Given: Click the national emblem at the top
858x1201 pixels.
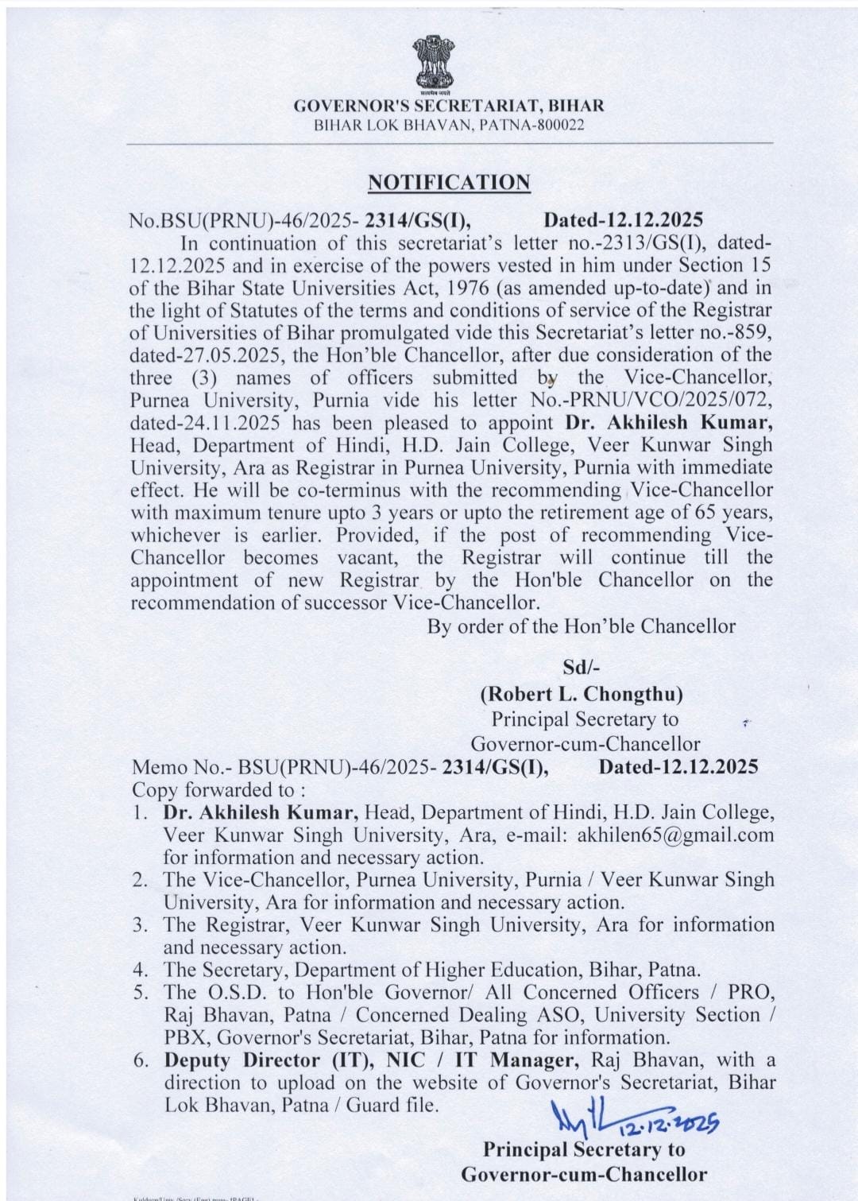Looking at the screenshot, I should (432, 64).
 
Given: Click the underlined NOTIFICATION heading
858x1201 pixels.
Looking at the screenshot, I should (449, 182).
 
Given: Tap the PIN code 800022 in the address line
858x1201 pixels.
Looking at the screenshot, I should (561, 125).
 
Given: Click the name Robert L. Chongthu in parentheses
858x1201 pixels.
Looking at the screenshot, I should (581, 694).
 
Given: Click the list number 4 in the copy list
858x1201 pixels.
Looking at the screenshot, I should (141, 970).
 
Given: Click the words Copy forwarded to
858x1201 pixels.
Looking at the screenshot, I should (214, 790).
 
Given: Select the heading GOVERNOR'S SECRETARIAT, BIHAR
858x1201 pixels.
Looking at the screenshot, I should (449, 106).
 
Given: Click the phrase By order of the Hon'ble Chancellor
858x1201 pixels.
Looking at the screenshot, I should (581, 626).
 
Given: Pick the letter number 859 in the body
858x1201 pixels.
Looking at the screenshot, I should (753, 332).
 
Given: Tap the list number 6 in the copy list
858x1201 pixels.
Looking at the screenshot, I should (141, 1060).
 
